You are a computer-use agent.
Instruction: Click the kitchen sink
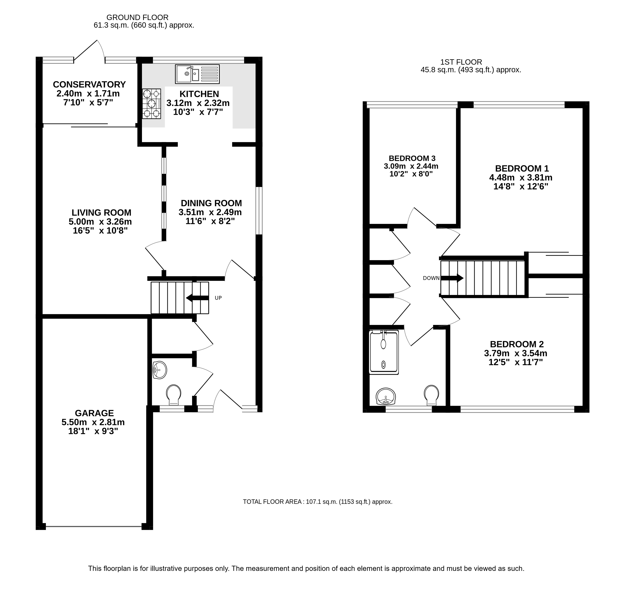point(197,74)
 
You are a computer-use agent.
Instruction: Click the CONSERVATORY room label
point(89,84)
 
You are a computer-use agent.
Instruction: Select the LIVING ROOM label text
point(101,213)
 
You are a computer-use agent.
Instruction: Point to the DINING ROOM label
point(211,203)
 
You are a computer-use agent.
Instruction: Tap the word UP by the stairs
point(218,298)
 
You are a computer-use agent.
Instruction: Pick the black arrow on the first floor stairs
point(452,278)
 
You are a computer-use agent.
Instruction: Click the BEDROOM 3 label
point(412,158)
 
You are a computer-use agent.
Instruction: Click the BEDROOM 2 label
point(517,344)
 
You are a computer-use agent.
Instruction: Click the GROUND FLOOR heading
point(137,18)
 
